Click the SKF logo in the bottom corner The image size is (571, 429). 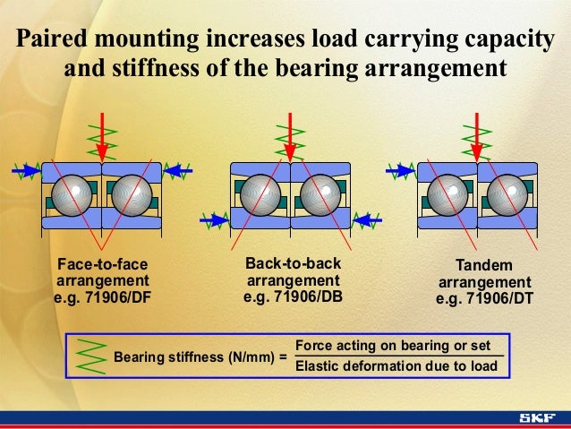pos(537,418)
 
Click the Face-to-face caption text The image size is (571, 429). pos(101,265)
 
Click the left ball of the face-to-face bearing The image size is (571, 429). pos(71,195)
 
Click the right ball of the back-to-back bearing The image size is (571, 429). pos(319,195)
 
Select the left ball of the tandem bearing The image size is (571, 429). pos(447,195)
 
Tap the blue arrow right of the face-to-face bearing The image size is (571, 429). pos(183,169)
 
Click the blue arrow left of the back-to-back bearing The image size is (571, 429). pos(215,218)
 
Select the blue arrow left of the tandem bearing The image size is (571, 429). pos(398,169)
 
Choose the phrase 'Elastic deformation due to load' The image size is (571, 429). pos(396,365)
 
